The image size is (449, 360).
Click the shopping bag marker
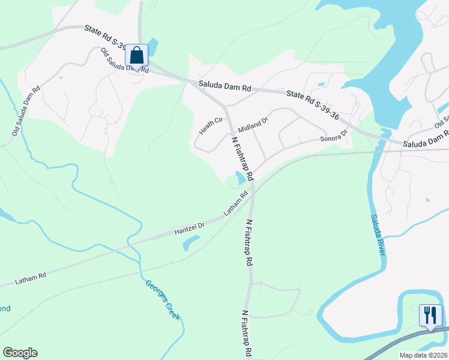coord(137,56)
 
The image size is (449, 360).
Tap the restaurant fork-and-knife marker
coord(430,316)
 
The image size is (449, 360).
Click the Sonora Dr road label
coord(334,137)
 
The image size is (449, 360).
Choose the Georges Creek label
coord(163,299)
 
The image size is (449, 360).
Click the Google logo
coord(20,353)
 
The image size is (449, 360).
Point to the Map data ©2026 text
coord(423,355)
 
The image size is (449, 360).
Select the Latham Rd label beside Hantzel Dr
coord(236,204)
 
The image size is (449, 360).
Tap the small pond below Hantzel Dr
coord(191,241)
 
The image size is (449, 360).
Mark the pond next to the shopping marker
coord(153,47)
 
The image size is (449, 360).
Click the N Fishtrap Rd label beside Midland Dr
coord(243,158)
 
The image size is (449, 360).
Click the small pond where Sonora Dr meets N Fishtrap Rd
coord(241,178)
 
